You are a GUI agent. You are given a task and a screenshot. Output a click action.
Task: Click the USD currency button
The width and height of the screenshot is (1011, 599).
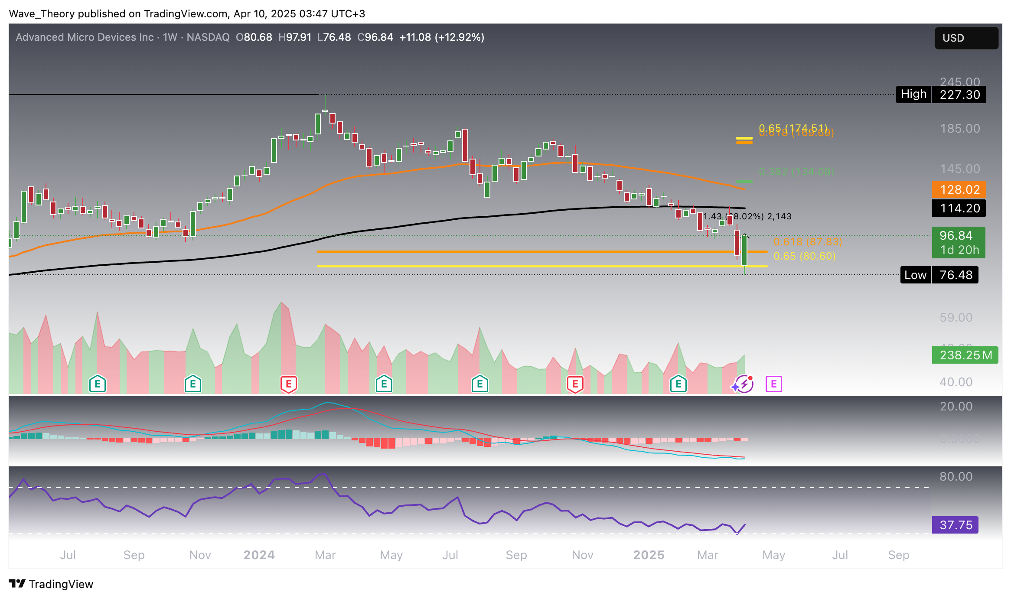pos(966,38)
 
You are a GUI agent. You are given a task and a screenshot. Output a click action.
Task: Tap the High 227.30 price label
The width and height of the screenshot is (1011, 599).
pos(941,94)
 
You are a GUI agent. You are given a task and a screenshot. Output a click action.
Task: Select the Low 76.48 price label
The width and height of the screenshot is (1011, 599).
pos(939,275)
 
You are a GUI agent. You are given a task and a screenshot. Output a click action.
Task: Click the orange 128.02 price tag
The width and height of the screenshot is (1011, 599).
pos(959,189)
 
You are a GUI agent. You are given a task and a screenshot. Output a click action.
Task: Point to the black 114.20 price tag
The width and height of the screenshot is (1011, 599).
pos(959,208)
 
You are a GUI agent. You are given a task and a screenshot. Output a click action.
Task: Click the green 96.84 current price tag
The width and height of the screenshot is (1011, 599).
pos(958,242)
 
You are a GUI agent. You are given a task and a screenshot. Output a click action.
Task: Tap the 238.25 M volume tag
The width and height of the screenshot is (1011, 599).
pos(965,355)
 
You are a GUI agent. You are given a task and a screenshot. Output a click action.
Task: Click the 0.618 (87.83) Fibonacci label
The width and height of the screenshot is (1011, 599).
pos(807,242)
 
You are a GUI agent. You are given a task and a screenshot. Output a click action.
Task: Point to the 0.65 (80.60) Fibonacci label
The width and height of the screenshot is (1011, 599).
pos(804,256)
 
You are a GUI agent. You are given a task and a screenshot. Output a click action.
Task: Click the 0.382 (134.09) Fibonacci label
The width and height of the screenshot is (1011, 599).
pos(796,172)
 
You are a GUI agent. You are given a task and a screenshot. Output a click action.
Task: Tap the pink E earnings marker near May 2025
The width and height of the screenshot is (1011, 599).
pos(773,384)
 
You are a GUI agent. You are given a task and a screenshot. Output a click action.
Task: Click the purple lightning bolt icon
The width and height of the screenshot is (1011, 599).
pos(744,384)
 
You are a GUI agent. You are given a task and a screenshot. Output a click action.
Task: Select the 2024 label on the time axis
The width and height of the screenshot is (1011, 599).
pos(259,555)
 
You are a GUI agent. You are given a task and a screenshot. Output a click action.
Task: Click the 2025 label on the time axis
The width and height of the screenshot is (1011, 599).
pos(649,555)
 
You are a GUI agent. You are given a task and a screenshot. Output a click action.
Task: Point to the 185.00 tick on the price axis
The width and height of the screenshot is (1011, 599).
pos(959,129)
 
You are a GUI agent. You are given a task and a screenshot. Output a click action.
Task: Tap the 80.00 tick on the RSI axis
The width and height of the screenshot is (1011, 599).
pos(956,477)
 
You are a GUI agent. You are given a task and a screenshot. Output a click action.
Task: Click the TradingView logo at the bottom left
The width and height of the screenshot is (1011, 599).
pos(51,584)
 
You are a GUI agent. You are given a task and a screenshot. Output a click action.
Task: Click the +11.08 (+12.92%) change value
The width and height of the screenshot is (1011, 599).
pos(441,37)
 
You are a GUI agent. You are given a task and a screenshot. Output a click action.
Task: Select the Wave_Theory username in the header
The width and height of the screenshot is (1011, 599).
pos(42,14)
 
